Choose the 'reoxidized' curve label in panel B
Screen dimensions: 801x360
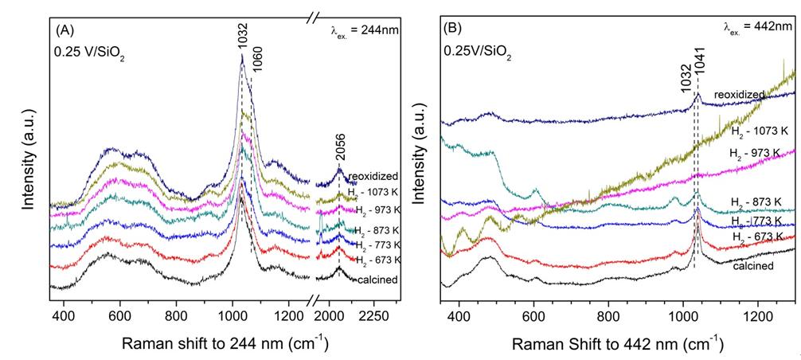tap(739, 95)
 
